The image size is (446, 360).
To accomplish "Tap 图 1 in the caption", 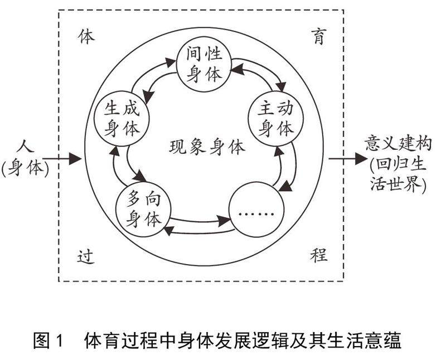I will point(50,340).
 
